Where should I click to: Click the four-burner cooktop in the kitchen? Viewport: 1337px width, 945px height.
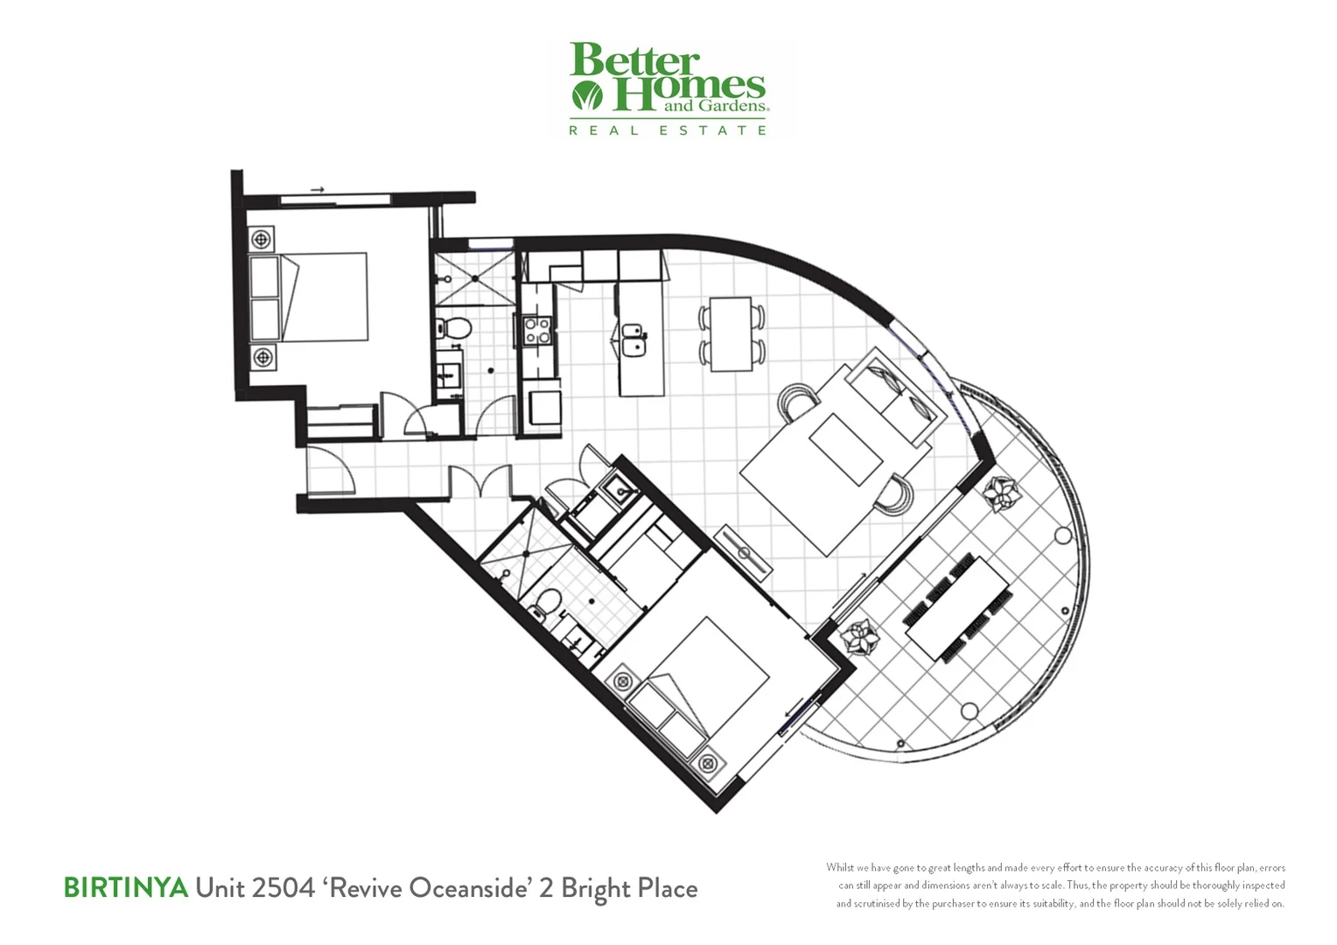pos(536,331)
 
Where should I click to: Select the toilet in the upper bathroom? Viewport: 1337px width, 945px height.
pos(453,329)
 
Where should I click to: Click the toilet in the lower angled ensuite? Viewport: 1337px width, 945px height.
pos(549,603)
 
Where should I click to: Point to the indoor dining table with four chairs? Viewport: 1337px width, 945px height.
pos(731,333)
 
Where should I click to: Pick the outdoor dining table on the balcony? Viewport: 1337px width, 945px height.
pos(958,607)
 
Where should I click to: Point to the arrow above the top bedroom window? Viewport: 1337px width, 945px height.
pos(317,189)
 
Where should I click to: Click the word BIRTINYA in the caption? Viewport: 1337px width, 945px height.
pos(125,888)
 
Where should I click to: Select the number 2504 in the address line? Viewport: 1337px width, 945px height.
pos(282,888)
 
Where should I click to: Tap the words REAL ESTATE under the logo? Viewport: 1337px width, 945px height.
pos(668,130)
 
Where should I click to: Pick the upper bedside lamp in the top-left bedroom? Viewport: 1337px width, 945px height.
pos(262,238)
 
